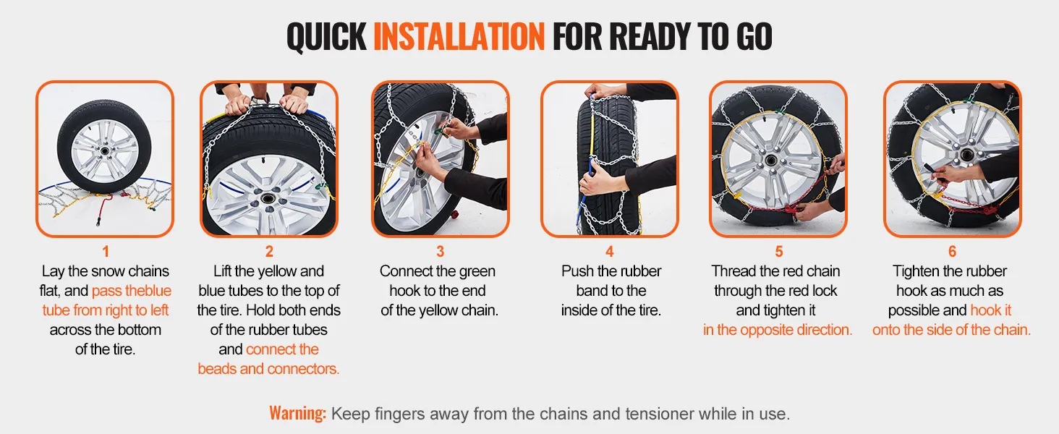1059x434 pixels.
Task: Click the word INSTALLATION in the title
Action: [459, 36]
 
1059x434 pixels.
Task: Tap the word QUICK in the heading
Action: [327, 36]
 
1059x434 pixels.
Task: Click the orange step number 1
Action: [106, 252]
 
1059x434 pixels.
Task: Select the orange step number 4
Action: [610, 252]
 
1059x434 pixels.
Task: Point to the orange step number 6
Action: [952, 252]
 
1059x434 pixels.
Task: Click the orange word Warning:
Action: [298, 413]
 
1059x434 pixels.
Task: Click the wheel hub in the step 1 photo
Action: [104, 150]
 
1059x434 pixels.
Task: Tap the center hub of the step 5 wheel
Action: [771, 161]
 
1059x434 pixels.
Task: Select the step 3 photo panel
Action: [440, 159]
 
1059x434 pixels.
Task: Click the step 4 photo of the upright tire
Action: [610, 159]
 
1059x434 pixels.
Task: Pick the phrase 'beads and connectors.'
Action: [268, 369]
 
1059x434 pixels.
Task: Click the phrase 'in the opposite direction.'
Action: [778, 330]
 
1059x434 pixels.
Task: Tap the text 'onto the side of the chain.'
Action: [952, 330]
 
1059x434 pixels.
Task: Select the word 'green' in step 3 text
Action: [474, 272]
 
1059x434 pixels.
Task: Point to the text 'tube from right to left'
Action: [106, 310]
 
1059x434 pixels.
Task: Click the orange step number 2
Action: [269, 252]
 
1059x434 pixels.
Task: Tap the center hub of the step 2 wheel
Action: [268, 198]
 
